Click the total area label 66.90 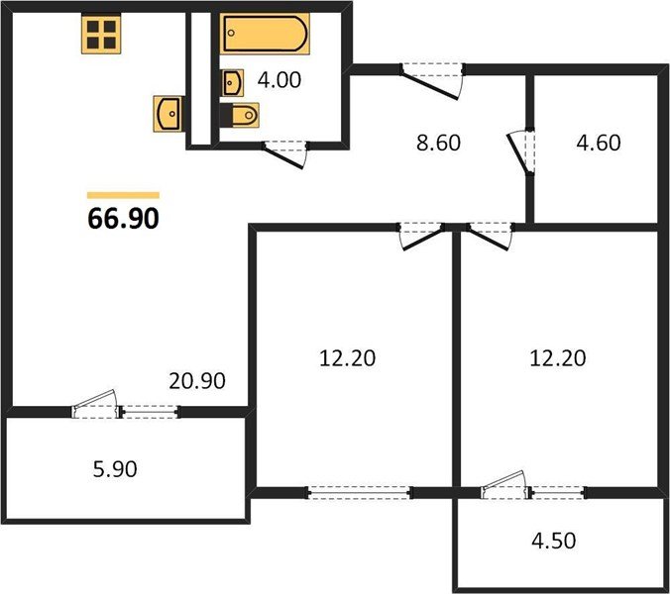pos(124,220)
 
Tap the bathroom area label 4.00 pos(279,78)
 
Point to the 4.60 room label pos(598,142)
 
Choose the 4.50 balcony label pos(551,542)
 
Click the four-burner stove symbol pos(100,35)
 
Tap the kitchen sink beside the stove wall pos(168,113)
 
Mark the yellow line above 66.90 pos(124,195)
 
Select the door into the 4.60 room pos(518,153)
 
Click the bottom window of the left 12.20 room pos(359,491)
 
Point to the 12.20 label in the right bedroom pos(557,356)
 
